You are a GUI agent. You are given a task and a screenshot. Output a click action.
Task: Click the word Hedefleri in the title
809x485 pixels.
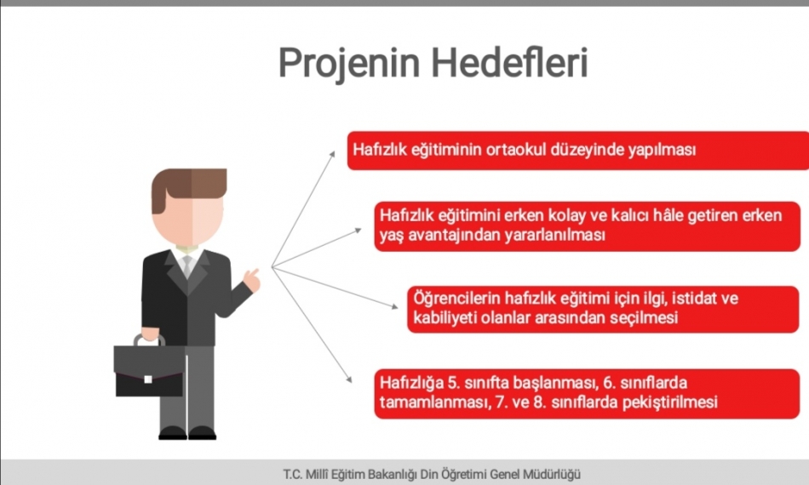pos(509,62)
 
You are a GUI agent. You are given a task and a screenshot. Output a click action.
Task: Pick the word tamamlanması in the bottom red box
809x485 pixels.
pos(435,402)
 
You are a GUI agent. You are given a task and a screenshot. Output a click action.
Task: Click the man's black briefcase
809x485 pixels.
pos(148,369)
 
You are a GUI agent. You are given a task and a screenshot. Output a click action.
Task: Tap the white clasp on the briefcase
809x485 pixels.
pos(148,379)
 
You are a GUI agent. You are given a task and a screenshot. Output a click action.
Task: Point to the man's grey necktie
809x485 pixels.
pos(187,265)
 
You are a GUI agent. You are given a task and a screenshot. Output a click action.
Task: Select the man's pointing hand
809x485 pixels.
pos(252,280)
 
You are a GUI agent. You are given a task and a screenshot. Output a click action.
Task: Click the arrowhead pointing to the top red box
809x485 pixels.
pos(332,154)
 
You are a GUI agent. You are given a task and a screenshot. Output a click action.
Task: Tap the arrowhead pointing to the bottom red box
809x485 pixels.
pos(349,379)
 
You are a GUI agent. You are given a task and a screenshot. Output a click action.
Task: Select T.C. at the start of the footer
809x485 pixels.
pos(293,474)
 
